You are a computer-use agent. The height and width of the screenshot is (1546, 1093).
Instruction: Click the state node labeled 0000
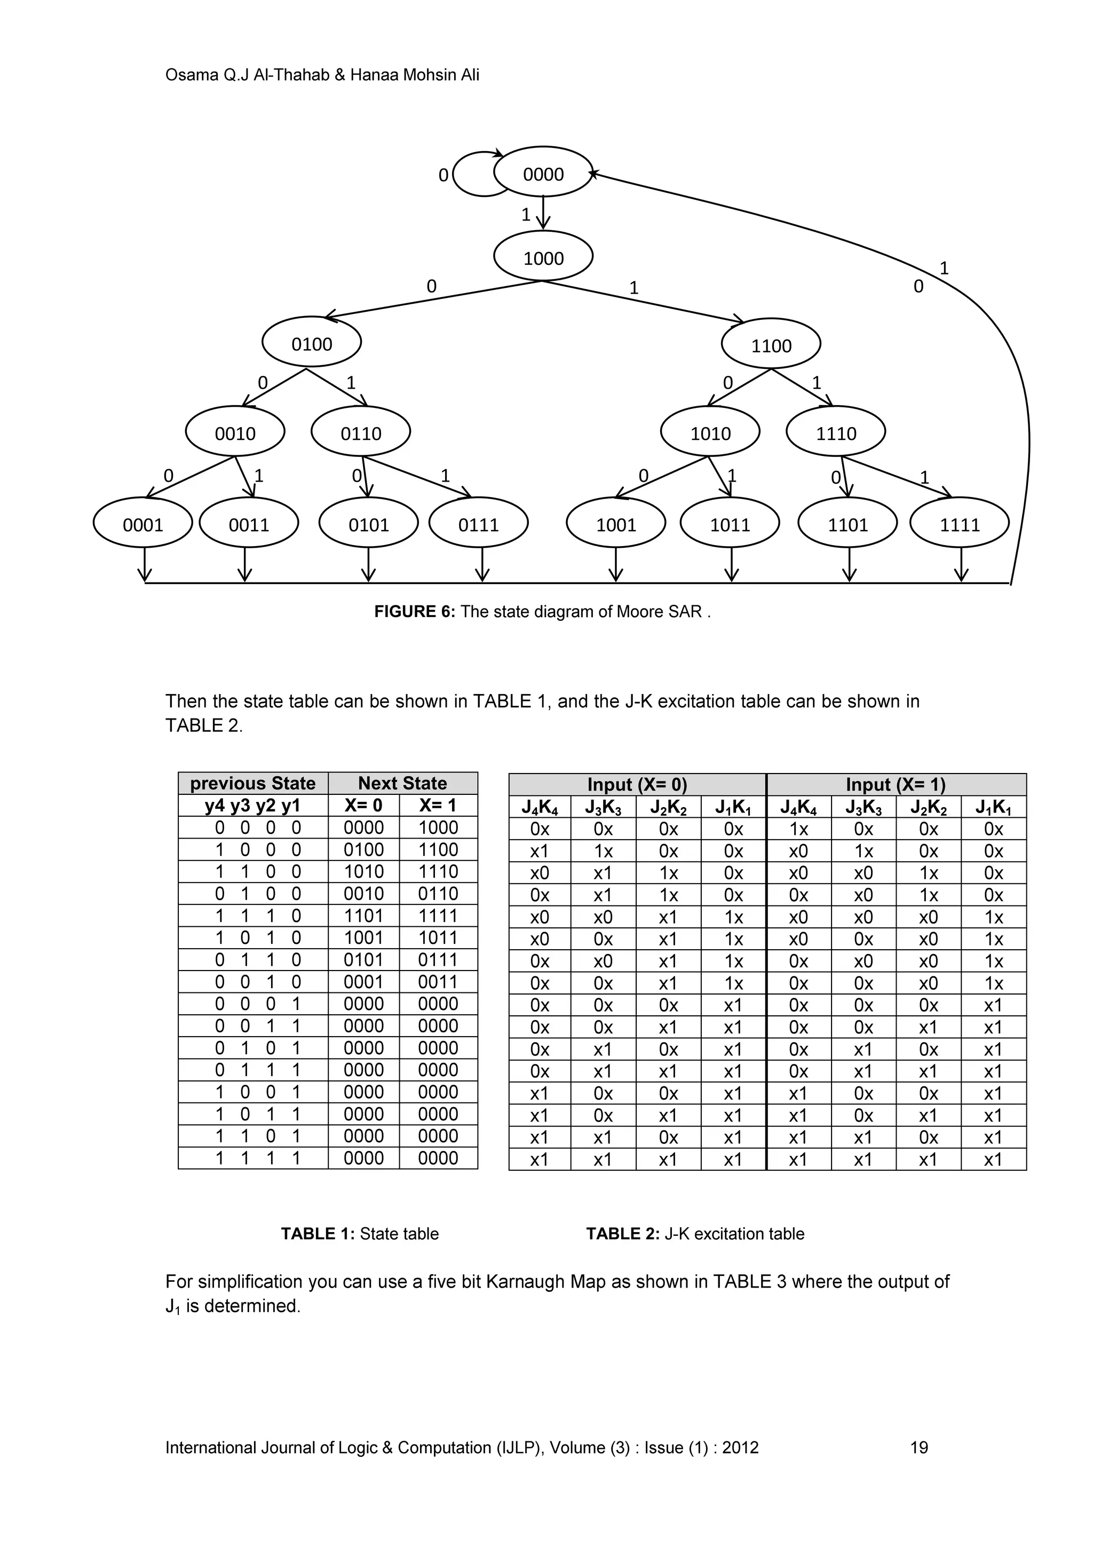click(543, 173)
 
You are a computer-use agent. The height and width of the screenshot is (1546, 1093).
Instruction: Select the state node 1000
click(543, 257)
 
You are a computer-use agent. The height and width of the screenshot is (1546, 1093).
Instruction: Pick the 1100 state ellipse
click(771, 345)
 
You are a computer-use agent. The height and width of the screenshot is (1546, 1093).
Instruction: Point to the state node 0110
click(361, 432)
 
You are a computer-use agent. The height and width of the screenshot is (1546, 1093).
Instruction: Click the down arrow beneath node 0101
click(368, 564)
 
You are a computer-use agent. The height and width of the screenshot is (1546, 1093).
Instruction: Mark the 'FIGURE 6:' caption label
click(415, 611)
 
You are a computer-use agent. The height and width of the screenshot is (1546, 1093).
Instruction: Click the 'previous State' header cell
click(253, 783)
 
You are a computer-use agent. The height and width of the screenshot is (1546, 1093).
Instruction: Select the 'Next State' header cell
click(402, 783)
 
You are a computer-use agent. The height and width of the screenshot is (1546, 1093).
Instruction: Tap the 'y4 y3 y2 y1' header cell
click(253, 806)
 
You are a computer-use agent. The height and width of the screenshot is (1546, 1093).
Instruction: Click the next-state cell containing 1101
click(363, 916)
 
